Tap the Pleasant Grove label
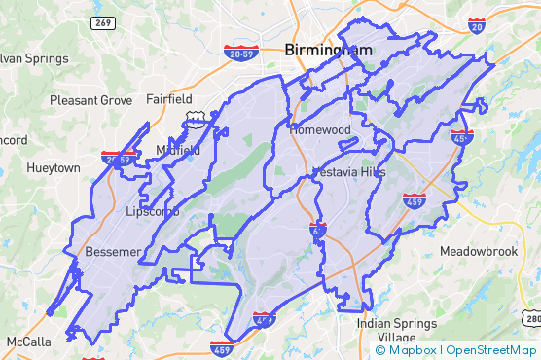(x=90, y=100)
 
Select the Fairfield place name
(x=169, y=99)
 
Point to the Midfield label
(x=178, y=150)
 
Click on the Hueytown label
(x=54, y=167)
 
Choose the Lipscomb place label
(x=153, y=211)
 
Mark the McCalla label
(x=28, y=342)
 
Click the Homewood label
(x=318, y=129)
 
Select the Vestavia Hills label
(x=348, y=172)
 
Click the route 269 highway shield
(x=99, y=22)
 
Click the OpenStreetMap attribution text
(x=489, y=350)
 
